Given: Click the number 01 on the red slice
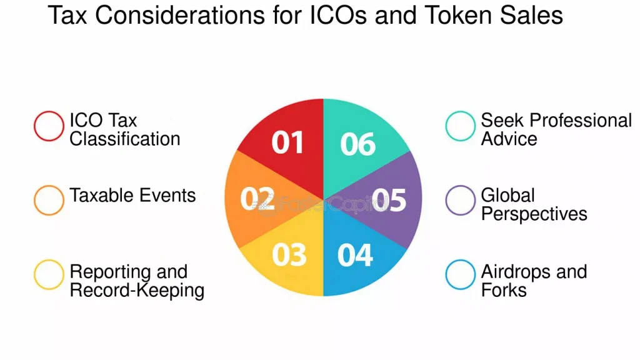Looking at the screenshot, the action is (x=287, y=142).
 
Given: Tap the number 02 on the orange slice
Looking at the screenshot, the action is (x=257, y=199).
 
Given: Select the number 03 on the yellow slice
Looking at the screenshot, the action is (x=289, y=255).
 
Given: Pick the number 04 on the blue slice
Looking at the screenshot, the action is (x=355, y=255).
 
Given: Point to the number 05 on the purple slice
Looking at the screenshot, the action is (x=389, y=200).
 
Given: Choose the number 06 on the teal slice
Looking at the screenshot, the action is (x=357, y=144).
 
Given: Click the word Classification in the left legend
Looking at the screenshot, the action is (x=125, y=139).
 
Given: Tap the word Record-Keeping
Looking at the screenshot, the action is (x=137, y=291).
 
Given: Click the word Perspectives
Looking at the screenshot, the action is (x=534, y=214).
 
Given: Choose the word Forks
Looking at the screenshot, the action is (x=504, y=290).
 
